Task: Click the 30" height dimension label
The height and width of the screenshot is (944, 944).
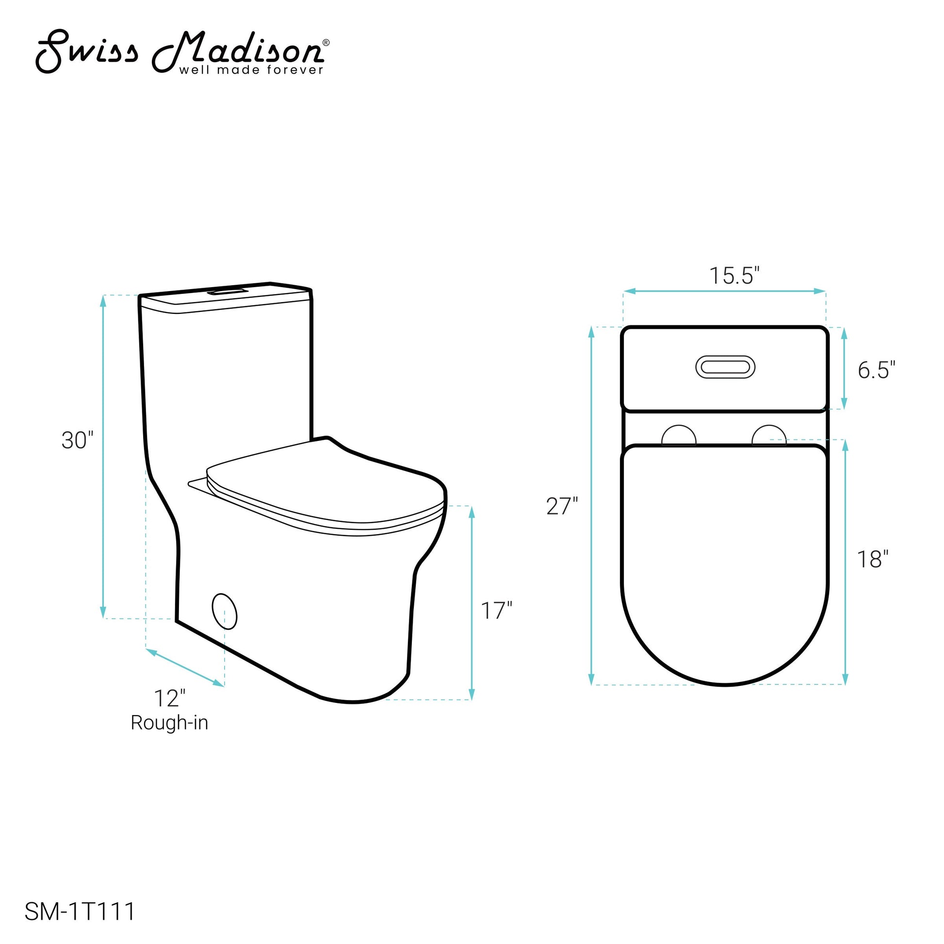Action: [77, 440]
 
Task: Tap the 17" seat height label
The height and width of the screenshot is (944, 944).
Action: [496, 611]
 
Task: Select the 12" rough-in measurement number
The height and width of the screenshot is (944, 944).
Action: [170, 698]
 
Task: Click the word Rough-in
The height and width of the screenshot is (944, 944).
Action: [169, 723]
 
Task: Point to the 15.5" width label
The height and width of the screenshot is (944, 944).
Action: [734, 276]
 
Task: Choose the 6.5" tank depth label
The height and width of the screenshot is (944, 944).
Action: [877, 370]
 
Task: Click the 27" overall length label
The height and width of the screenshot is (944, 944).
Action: [562, 506]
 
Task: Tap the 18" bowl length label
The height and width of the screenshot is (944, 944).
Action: [873, 559]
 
